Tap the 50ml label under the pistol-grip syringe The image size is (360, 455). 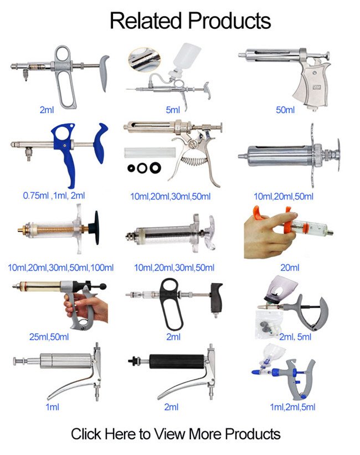[285, 110]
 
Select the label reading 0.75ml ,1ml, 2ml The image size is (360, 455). [54, 196]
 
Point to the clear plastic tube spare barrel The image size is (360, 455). [150, 152]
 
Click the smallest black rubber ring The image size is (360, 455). [131, 168]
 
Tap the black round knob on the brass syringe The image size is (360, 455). [95, 228]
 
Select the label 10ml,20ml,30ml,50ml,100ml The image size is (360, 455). [60, 268]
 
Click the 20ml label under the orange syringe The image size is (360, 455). [290, 268]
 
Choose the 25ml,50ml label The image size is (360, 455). [49, 337]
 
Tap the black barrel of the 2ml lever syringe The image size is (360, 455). [177, 361]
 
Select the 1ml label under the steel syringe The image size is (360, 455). [52, 407]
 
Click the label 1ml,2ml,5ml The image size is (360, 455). [292, 407]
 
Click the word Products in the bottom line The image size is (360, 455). [253, 434]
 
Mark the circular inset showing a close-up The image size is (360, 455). [144, 60]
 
